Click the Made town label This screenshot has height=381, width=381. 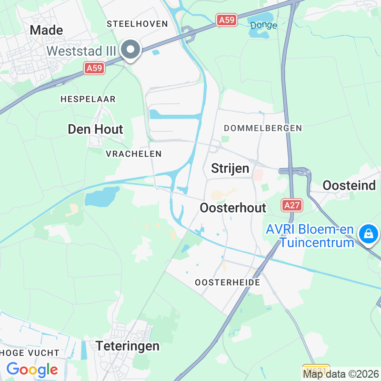[46, 30]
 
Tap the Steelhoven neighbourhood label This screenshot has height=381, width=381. [138, 23]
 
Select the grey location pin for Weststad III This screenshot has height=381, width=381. [130, 50]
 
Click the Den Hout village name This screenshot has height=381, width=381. [95, 129]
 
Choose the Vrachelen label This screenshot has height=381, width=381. [134, 153]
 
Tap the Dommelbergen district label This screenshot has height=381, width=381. [263, 128]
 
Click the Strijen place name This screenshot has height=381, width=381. [230, 169]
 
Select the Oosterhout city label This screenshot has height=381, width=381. [233, 208]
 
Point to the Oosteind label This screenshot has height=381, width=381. [350, 185]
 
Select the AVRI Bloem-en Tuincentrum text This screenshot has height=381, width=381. [310, 236]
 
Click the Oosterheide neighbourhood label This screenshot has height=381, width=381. [228, 282]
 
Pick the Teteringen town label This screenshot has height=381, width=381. [128, 346]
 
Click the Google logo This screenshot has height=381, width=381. [32, 369]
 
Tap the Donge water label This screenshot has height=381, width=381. [263, 25]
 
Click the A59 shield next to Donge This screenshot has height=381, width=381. [226, 20]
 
